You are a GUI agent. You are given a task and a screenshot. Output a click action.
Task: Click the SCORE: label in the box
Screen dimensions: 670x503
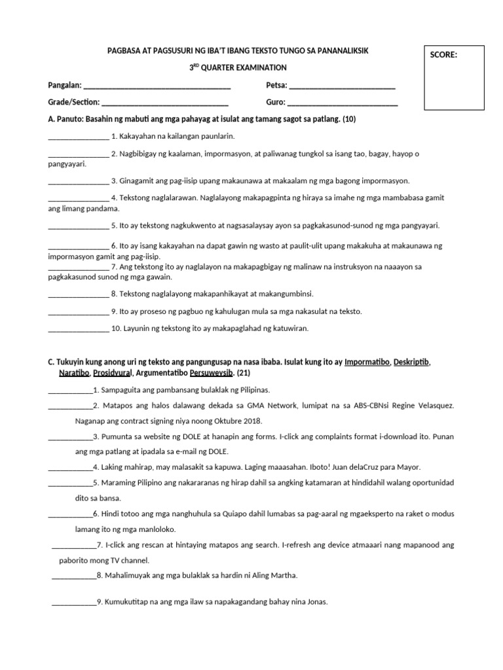click(443, 55)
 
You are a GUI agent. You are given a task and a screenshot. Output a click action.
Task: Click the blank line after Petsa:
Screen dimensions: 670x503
click(342, 86)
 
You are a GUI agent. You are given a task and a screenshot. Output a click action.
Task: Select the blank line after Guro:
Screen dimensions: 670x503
click(343, 102)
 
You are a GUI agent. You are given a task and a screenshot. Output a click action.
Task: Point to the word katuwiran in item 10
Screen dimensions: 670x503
click(290, 328)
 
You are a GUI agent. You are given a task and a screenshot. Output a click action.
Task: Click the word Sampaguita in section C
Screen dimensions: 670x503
click(122, 389)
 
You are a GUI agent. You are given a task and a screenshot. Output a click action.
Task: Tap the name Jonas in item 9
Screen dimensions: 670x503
click(315, 602)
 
